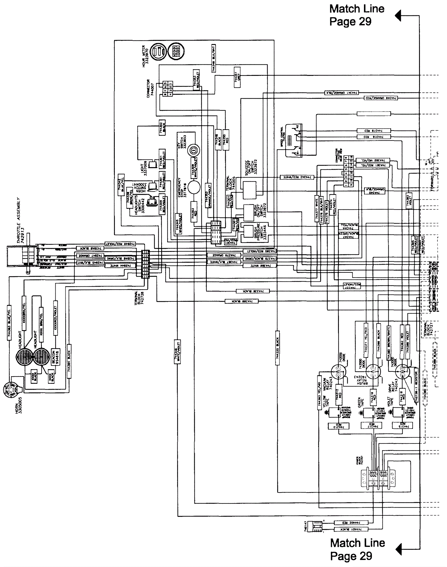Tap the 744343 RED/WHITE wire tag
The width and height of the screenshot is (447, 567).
[297, 177]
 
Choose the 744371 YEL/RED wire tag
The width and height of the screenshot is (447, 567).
[366, 340]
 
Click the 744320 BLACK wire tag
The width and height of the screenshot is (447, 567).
[277, 348]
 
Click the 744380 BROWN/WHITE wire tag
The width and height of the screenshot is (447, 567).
[389, 343]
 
